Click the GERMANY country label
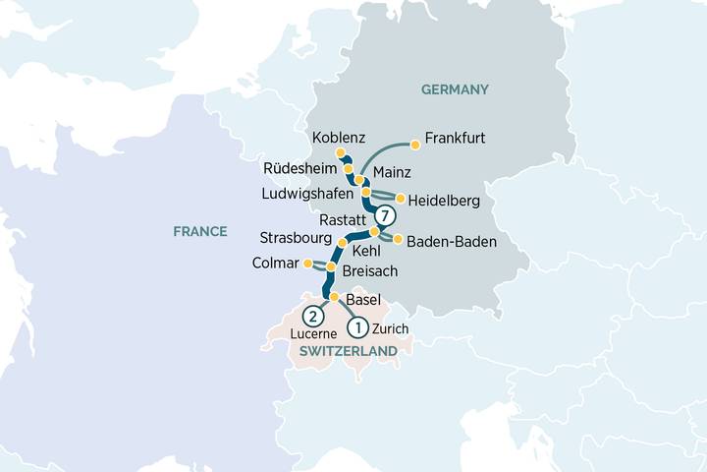(455, 90)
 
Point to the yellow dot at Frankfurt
(415, 146)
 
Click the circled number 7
(387, 215)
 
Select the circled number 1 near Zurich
(359, 326)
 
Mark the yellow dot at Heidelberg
(401, 199)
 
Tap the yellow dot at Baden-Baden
(398, 238)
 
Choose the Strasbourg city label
(296, 239)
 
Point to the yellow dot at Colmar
(307, 264)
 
